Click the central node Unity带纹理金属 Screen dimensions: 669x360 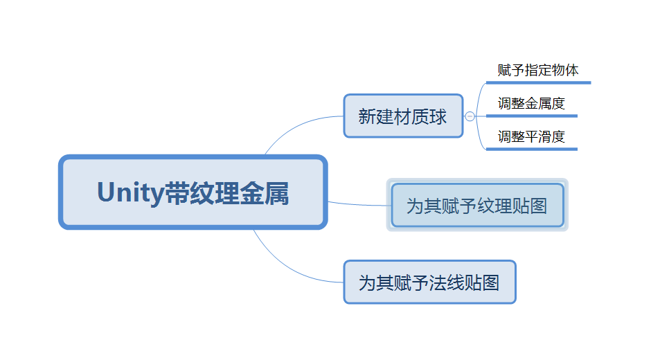coord(193,192)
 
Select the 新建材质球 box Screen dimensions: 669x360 coord(403,116)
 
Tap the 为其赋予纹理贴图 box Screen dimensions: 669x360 coord(477,205)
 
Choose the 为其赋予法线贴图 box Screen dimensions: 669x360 coord(429,282)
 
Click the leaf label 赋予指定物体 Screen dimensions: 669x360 coord(538,71)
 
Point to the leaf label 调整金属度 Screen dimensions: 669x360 coord(531,104)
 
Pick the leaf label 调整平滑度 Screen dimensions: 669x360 coord(531,137)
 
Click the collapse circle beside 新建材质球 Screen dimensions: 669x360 coord(470,116)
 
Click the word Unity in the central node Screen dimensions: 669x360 coord(131,192)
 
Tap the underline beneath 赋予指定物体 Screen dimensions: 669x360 coord(538,83)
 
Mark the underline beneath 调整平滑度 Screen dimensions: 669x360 coord(532,150)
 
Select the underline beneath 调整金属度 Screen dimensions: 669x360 coord(532,116)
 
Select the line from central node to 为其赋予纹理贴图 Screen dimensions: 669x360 coord(359,205)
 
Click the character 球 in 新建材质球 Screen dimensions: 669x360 coord(438,116)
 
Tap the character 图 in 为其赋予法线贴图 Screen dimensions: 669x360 coord(490,282)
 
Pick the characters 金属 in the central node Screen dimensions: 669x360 coord(264,192)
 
